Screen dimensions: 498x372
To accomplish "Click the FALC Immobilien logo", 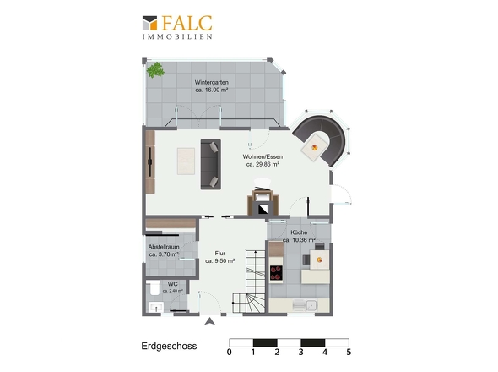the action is [x=177, y=27].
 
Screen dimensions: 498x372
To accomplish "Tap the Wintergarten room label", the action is [x=212, y=86].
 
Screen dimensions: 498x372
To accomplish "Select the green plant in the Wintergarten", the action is [x=155, y=70].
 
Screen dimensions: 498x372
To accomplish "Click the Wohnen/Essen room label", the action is [x=263, y=161].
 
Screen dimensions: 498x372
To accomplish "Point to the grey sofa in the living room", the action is [x=210, y=164].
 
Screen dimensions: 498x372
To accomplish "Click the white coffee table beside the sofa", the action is [x=186, y=161].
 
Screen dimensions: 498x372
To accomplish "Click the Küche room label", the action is [x=299, y=236].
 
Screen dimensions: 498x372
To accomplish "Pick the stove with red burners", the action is [x=276, y=273].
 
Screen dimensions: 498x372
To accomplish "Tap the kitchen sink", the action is [x=304, y=305].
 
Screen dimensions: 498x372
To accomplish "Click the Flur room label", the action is [x=219, y=257].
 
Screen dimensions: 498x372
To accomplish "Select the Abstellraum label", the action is [x=164, y=250].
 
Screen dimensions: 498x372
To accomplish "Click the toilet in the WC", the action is [x=154, y=287].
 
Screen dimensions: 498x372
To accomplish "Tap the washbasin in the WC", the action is [x=156, y=308].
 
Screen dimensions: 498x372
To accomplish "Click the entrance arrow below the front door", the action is [x=209, y=321].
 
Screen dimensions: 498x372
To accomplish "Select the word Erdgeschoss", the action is [x=169, y=347].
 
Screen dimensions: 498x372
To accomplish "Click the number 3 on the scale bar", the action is [x=300, y=352].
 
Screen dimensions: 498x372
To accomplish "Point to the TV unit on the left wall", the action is [x=150, y=162].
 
